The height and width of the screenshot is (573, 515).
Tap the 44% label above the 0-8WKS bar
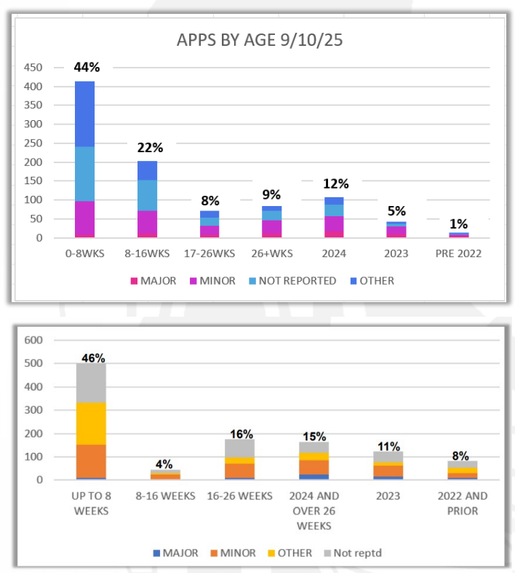pos(87,67)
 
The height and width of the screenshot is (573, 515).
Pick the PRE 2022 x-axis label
pos(459,255)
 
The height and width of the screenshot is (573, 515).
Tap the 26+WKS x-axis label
pos(272,255)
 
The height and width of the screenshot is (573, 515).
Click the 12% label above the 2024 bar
pos(335,183)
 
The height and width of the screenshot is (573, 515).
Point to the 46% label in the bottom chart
pos(92,357)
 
